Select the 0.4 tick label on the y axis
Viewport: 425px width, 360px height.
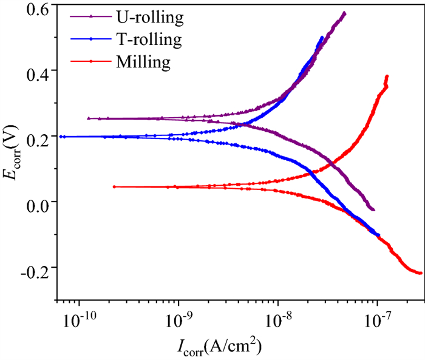pyautogui.click(x=38, y=70)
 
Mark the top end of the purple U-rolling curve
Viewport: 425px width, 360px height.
pyautogui.click(x=344, y=13)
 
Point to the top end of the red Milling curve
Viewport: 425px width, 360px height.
pyautogui.click(x=387, y=76)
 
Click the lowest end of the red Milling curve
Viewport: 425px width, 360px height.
pyautogui.click(x=421, y=273)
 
